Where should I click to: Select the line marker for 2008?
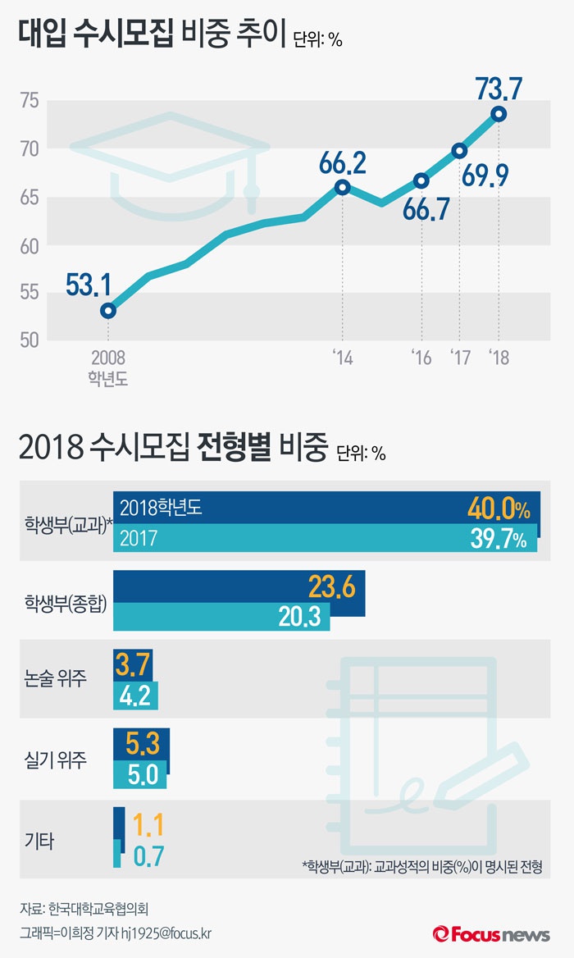point(108,311)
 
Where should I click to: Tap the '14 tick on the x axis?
point(343,358)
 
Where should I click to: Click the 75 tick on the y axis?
point(30,102)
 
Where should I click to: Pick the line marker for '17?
point(459,150)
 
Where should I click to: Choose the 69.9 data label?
point(495,174)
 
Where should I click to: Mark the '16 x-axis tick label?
point(421,358)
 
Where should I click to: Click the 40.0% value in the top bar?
point(499,509)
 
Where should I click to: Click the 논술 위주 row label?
point(56,678)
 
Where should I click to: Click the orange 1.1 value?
point(148,823)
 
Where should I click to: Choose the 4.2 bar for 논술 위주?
point(135,696)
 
